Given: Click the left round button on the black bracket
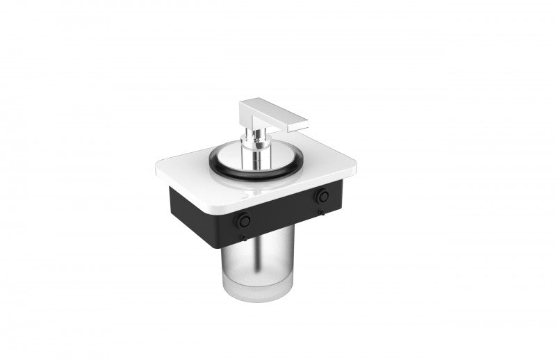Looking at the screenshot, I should point(243,220).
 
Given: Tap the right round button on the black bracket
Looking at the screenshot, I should point(322,197).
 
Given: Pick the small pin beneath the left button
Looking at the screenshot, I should point(243,238).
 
